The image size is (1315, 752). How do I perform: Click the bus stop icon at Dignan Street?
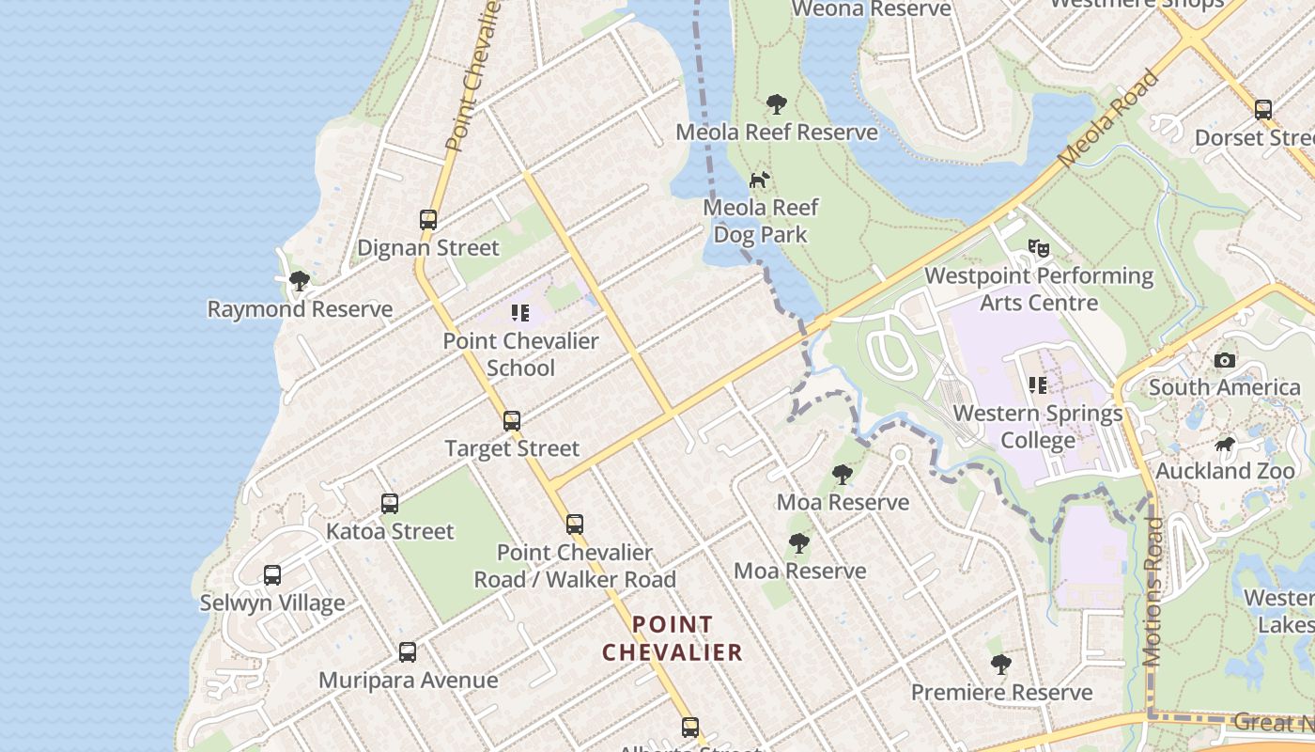428,220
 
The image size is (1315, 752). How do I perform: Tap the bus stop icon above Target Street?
512,421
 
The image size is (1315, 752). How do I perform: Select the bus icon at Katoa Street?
390,504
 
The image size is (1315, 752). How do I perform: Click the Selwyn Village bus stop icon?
272,575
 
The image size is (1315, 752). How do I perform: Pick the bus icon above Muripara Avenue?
408,652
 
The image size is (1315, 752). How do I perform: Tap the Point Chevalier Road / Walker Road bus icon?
575,525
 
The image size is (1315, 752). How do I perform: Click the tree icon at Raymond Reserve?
300,281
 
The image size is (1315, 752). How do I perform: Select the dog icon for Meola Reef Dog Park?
759,180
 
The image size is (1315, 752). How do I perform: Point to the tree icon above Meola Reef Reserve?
776,104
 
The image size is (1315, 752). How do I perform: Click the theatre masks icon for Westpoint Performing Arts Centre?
1038,248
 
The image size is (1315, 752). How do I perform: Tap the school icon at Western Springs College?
1038,385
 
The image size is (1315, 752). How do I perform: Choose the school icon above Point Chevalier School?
520,313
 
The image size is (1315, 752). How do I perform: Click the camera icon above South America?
1225,360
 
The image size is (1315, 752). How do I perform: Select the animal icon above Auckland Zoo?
1225,444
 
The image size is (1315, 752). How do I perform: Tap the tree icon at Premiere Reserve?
1001,665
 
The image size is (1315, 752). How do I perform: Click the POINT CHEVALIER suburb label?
673,638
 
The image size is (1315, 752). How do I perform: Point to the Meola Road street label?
1109,119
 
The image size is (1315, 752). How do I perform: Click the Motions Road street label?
1153,592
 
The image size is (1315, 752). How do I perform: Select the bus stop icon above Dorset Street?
1263,110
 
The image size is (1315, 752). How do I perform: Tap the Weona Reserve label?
872,9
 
